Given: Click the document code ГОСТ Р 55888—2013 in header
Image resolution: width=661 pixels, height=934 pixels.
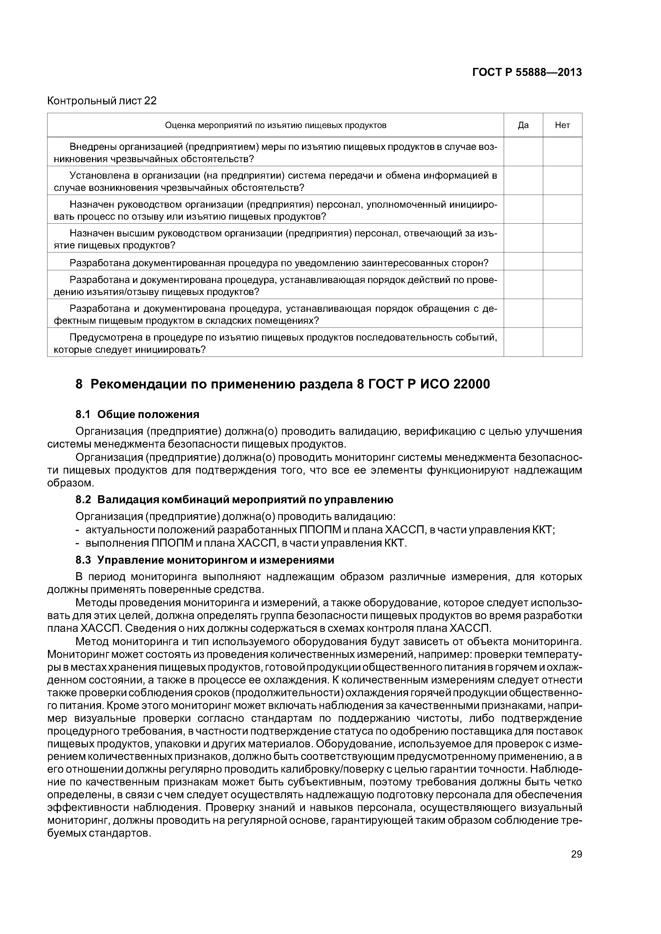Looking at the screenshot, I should (x=527, y=72).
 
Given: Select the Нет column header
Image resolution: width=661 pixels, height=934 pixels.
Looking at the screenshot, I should (x=562, y=125).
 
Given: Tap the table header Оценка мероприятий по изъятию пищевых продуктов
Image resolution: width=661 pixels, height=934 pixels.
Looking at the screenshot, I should (x=275, y=125).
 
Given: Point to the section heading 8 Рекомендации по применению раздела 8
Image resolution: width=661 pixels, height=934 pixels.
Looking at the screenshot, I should (x=283, y=384).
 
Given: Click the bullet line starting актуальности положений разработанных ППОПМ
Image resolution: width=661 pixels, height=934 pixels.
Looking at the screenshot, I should (x=320, y=530).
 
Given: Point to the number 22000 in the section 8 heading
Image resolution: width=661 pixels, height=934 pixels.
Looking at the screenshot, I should (x=471, y=384).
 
